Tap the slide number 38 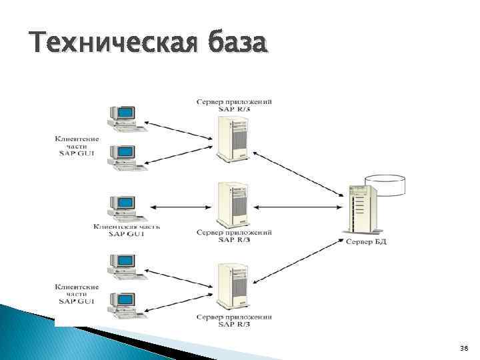pyautogui.click(x=464, y=348)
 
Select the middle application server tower pyautogui.click(x=233, y=205)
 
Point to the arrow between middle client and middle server pyautogui.click(x=180, y=205)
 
